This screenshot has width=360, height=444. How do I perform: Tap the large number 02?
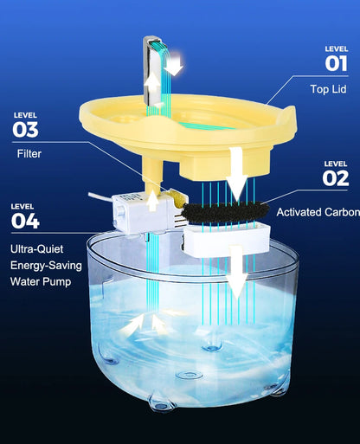pos(335,179)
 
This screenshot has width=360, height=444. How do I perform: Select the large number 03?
pos(26,130)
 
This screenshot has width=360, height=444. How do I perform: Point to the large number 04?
pos(26,221)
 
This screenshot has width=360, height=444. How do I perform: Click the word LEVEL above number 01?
pos(336,48)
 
